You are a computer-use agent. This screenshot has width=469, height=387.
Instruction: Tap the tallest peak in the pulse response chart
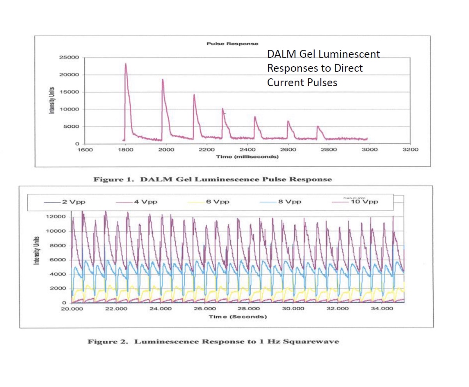pyautogui.click(x=126, y=64)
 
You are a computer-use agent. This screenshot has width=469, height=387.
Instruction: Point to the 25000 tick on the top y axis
pyautogui.click(x=71, y=58)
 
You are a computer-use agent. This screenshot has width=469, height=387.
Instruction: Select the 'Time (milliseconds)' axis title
pyautogui.click(x=248, y=157)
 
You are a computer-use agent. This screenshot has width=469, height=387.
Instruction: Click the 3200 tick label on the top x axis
pyautogui.click(x=410, y=150)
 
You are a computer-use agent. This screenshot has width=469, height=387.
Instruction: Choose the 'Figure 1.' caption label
pyautogui.click(x=115, y=180)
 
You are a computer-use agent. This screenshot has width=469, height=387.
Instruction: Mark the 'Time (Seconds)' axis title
pyautogui.click(x=238, y=316)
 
